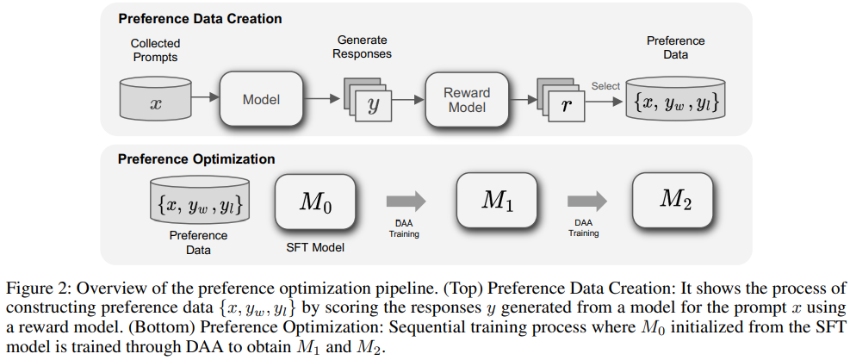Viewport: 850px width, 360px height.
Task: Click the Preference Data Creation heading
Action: pos(199,18)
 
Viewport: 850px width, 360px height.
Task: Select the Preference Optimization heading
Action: pos(195,158)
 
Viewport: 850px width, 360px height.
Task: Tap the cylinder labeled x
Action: pos(156,100)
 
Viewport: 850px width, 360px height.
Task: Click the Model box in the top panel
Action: pos(261,100)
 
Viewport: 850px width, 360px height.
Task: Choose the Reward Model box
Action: pos(466,100)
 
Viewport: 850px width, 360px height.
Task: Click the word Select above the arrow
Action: pos(605,86)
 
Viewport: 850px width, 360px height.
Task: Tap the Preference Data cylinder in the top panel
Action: pos(675,101)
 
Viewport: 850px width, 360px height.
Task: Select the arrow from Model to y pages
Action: pos(321,100)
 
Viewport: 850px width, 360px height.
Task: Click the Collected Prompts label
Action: pos(156,49)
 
